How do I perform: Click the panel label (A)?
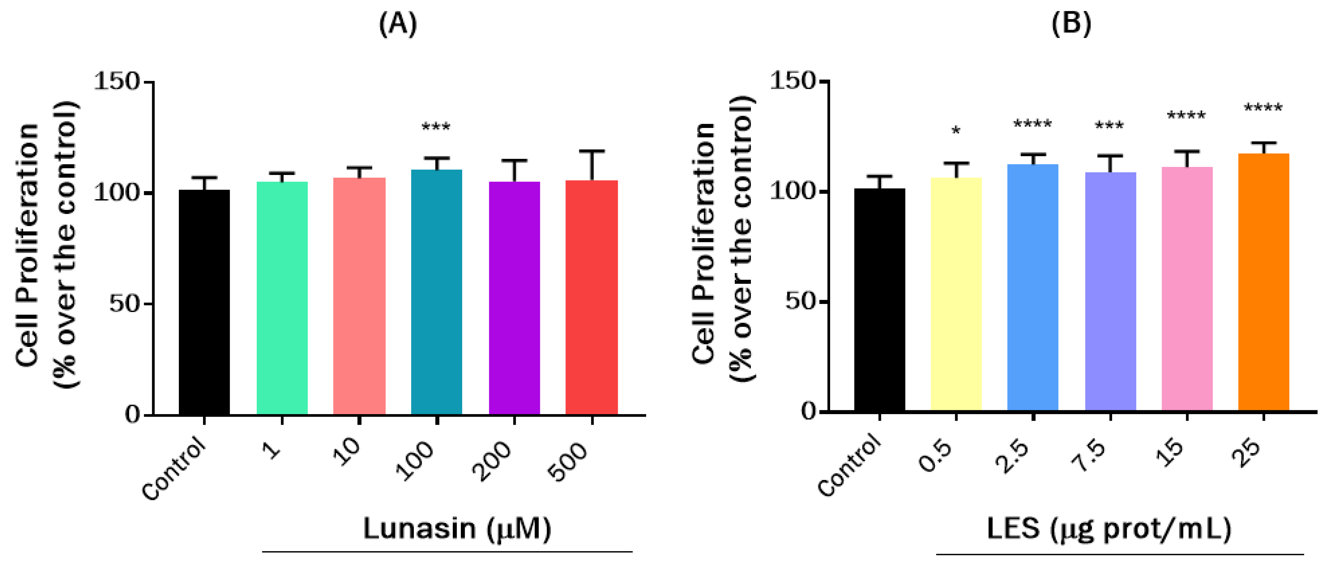click(x=397, y=24)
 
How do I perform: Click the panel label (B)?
click(x=1071, y=24)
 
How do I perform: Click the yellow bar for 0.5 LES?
click(x=956, y=294)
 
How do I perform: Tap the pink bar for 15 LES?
click(x=1187, y=289)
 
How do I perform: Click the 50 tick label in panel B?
click(x=799, y=301)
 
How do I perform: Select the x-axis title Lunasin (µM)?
click(x=457, y=529)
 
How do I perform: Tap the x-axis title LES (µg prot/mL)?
click(x=1109, y=529)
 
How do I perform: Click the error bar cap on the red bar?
click(x=592, y=151)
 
